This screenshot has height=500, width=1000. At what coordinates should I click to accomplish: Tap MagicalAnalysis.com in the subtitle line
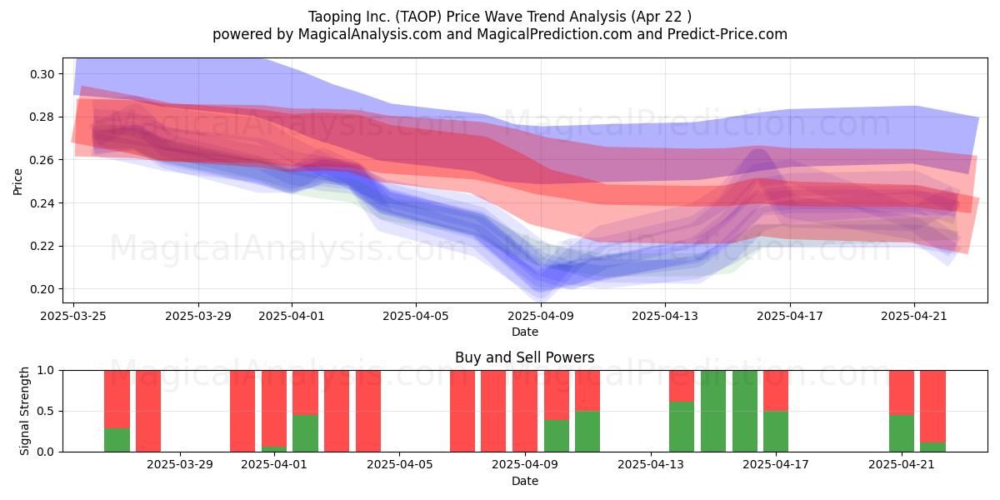click(x=370, y=34)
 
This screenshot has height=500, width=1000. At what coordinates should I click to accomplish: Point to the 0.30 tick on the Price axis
click(x=42, y=74)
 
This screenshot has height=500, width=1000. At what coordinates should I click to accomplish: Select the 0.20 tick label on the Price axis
click(x=42, y=289)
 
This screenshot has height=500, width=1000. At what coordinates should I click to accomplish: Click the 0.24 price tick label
click(x=42, y=203)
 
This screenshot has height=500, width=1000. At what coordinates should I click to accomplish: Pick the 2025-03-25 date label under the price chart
click(x=73, y=316)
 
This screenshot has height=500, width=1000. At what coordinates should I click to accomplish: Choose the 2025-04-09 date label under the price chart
click(x=541, y=316)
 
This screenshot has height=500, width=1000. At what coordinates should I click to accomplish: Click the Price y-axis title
click(x=17, y=182)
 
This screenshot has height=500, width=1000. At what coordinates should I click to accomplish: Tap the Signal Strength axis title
click(x=24, y=411)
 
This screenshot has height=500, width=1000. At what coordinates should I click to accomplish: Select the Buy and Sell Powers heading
click(x=524, y=357)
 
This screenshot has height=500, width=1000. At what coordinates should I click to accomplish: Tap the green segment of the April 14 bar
click(x=682, y=427)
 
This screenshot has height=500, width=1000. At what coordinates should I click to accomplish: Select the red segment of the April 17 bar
click(x=776, y=391)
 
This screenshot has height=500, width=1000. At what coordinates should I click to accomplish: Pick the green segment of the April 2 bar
click(x=305, y=433)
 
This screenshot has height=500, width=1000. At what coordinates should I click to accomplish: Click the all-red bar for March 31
click(x=242, y=411)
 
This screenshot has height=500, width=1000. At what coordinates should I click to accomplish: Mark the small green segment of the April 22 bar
click(x=932, y=447)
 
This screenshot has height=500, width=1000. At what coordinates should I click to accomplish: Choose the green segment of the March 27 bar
click(x=117, y=440)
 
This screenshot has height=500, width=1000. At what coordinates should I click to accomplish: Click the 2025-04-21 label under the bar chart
click(x=902, y=465)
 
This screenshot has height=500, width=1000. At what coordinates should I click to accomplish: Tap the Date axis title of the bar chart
click(x=524, y=482)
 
